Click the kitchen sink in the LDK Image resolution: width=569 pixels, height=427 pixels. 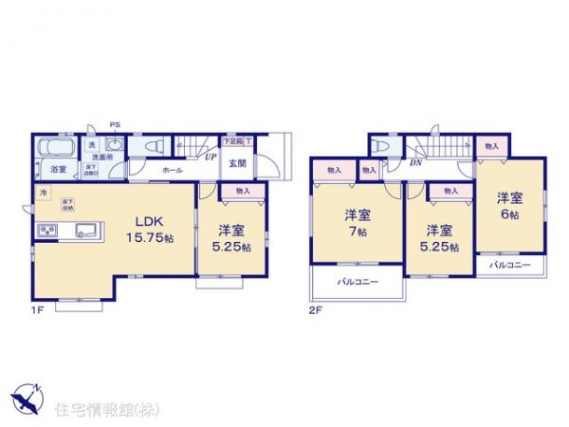coord(83,229)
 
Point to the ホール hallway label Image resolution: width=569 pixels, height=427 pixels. coord(172,169)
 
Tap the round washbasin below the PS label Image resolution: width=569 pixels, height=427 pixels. coord(114,145)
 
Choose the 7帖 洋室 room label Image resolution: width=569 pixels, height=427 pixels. coord(356,222)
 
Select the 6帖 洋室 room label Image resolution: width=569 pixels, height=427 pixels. coord(509,206)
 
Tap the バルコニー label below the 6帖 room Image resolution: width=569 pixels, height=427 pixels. coord(509,266)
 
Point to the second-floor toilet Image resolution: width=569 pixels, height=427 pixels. coord(382,147)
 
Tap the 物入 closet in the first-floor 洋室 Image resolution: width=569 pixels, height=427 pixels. coord(243,191)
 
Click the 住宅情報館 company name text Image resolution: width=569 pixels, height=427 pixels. coord(101,409)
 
